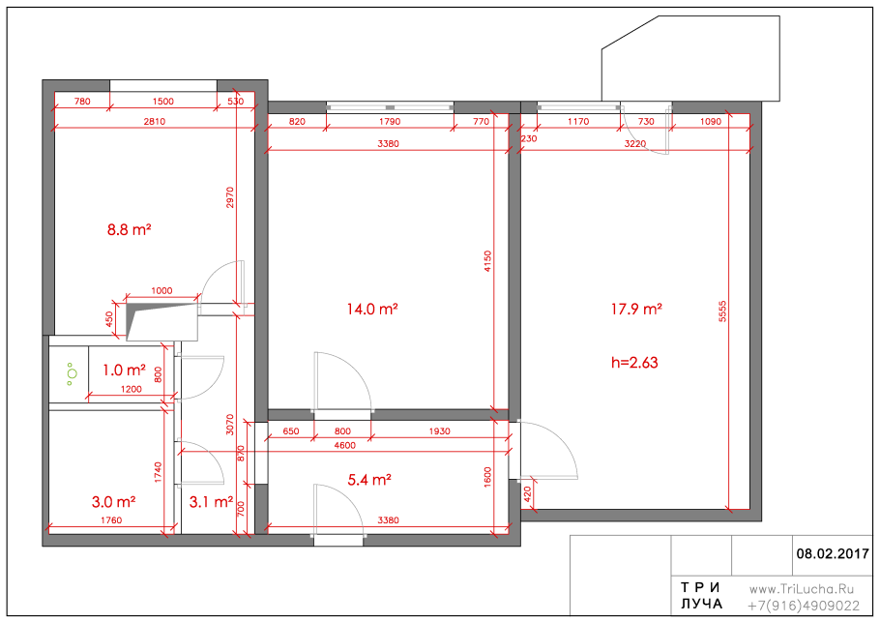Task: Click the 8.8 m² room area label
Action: click(x=129, y=229)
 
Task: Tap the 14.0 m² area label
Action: click(x=372, y=309)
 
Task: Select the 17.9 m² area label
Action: click(x=636, y=309)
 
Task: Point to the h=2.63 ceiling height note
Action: click(x=634, y=363)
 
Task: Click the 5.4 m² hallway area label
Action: click(x=369, y=480)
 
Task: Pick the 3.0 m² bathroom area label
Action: click(x=113, y=502)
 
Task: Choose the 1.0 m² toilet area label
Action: click(x=124, y=371)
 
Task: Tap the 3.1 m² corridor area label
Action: click(x=211, y=502)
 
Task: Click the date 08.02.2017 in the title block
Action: click(x=833, y=554)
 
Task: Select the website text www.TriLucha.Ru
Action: click(x=802, y=589)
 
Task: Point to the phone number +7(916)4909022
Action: click(x=804, y=607)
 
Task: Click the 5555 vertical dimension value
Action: click(x=722, y=311)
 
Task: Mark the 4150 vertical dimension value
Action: click(x=487, y=261)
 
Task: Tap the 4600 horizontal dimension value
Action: click(x=344, y=445)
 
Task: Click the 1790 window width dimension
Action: click(x=390, y=121)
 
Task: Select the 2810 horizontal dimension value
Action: click(x=155, y=121)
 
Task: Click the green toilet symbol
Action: click(x=71, y=373)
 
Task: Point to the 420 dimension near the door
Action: click(x=527, y=494)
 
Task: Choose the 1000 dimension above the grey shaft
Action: click(x=161, y=291)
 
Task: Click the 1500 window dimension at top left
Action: click(x=163, y=101)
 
